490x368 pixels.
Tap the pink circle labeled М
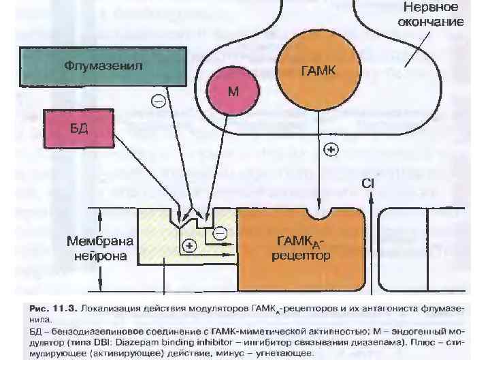click(233, 92)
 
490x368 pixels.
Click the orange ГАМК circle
click(318, 70)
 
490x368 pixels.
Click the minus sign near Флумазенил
click(158, 102)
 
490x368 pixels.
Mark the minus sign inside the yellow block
click(220, 234)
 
